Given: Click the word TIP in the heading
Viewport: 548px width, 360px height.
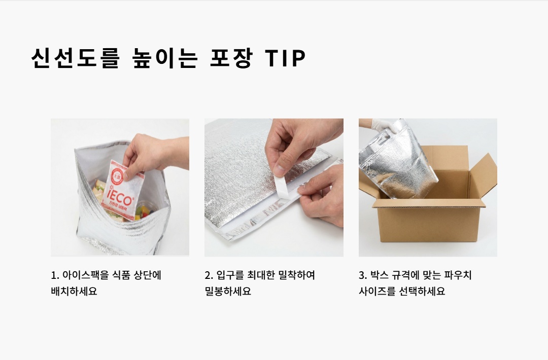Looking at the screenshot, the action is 285,58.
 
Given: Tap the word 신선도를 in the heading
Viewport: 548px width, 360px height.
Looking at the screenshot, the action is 76,58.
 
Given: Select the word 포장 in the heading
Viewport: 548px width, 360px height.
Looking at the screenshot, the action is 231,58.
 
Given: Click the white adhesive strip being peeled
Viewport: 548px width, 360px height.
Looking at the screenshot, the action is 284,186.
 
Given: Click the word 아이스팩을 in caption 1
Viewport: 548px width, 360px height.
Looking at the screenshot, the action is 85,275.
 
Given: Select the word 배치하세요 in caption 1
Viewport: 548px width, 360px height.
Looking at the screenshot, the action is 74,291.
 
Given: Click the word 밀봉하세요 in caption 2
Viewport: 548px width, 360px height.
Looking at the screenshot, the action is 228,291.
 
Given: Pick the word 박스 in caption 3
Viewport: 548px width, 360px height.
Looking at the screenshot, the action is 379,275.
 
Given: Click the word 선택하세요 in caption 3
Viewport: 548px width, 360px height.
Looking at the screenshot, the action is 422,291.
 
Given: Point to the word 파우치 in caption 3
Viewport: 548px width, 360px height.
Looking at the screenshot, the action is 458,275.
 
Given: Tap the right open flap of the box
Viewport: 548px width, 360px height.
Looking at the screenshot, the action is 484,174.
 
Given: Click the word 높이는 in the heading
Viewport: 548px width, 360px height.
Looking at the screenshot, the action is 165,58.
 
